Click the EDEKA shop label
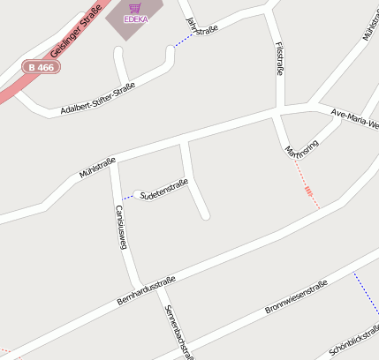(135, 19)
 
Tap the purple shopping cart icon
(135, 7)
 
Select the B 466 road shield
(41, 66)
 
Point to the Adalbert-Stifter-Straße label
(97, 99)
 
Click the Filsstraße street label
(279, 58)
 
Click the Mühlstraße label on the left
(97, 167)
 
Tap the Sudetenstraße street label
(164, 187)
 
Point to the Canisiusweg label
(121, 228)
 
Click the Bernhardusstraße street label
(147, 290)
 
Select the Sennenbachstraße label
(177, 333)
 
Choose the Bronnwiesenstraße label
(296, 297)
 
